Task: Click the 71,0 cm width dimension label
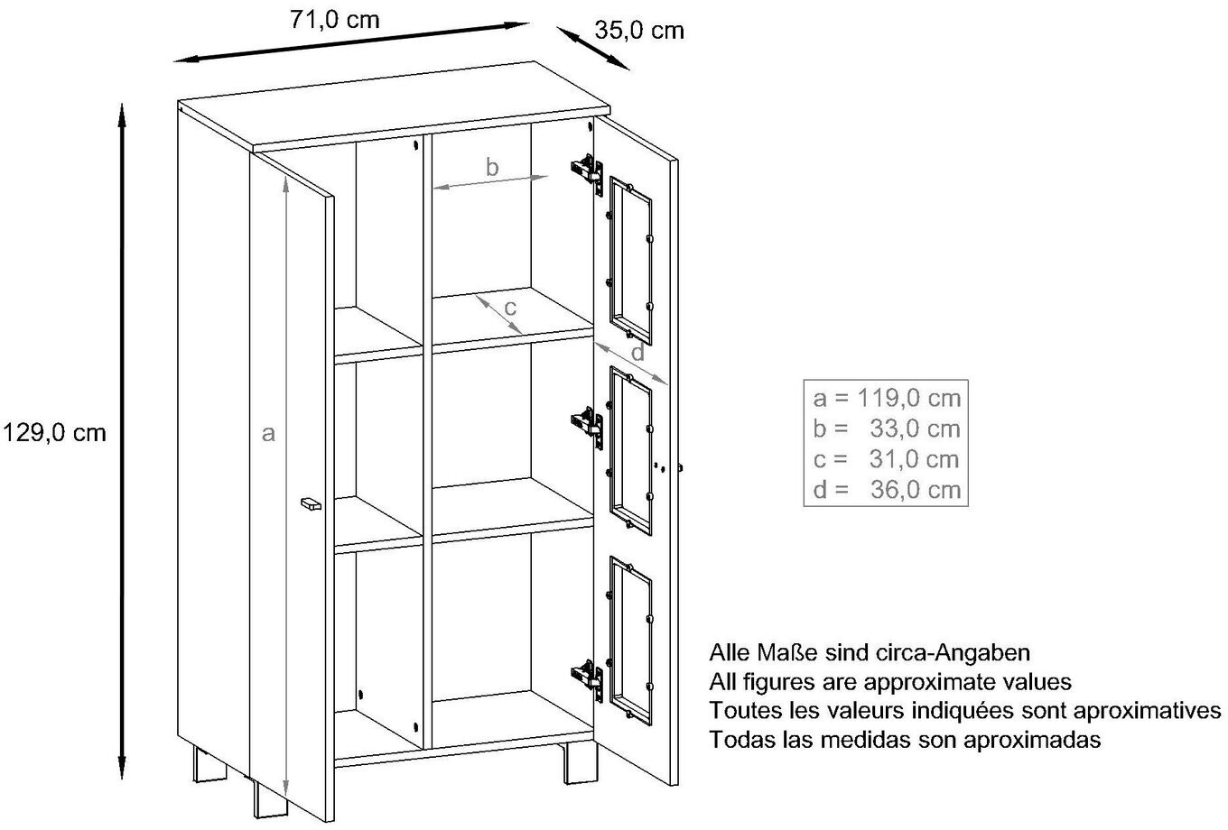335,21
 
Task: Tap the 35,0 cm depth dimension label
639,30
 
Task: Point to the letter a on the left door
267,434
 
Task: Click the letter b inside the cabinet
492,167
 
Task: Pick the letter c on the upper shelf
510,307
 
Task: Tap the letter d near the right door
638,352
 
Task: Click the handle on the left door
310,503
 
